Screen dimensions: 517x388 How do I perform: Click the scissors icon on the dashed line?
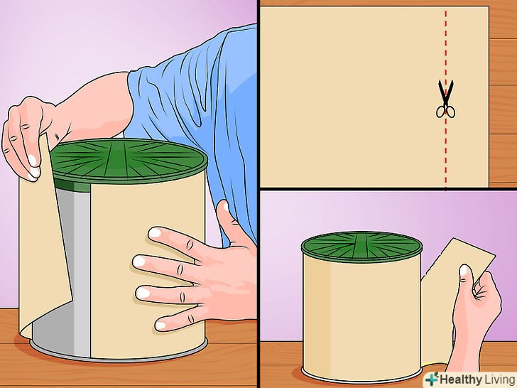coord(445,99)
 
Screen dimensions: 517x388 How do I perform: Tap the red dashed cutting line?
coord(446,99)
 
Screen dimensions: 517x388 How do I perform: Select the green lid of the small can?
coord(361,246)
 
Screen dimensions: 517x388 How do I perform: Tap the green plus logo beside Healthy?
coord(432,379)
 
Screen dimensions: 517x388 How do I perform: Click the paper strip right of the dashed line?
coord(467,97)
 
